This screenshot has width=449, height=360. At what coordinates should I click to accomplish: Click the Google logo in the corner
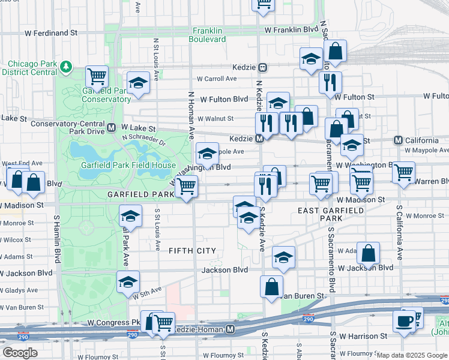point(20,353)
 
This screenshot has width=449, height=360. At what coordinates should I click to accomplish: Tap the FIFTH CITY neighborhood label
point(192,250)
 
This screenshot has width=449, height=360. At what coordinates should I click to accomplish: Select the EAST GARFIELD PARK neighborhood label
point(331,214)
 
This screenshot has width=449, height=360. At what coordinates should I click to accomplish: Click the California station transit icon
point(398,140)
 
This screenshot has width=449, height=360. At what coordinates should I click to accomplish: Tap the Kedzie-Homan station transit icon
point(231,329)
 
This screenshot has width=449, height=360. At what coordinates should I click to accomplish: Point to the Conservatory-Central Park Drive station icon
point(112,128)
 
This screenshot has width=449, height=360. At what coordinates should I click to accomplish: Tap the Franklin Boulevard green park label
point(208,35)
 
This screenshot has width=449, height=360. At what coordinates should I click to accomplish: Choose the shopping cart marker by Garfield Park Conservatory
point(96,76)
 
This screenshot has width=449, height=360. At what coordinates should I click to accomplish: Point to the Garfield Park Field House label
point(128,166)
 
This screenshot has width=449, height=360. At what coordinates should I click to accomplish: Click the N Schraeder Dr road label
point(148,139)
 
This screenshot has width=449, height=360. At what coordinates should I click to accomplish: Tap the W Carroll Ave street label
point(216,79)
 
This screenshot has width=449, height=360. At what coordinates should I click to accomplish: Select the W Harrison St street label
point(363,337)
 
